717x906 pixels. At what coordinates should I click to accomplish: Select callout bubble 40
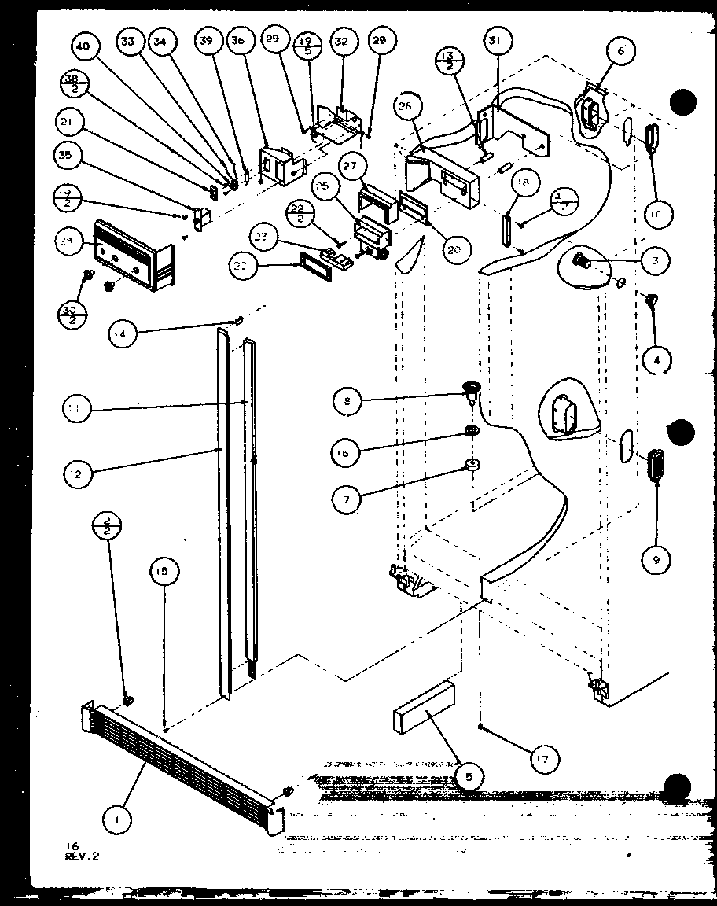[82, 47]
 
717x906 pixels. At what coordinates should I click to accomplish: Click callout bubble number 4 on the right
[656, 361]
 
